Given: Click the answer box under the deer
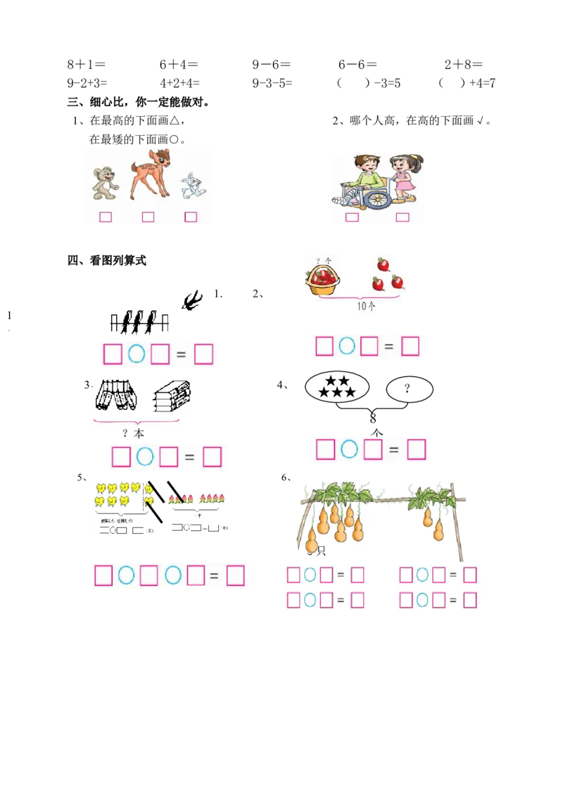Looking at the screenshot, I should tap(148, 217).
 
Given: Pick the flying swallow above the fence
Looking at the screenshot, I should tap(191, 300).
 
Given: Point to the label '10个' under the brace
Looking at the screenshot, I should tap(366, 307).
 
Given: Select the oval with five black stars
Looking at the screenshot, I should tap(337, 387).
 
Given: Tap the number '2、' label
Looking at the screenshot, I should tap(258, 295).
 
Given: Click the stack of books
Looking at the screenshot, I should tap(172, 397).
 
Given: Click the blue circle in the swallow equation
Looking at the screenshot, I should tap(137, 354).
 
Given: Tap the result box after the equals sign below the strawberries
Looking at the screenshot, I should tap(410, 346).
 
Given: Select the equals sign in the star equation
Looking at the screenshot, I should tap(393, 449).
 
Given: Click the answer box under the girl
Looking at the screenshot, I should tap(403, 217).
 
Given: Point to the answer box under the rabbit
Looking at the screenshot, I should tap(191, 217).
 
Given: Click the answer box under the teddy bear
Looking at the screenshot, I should tap(106, 217).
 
